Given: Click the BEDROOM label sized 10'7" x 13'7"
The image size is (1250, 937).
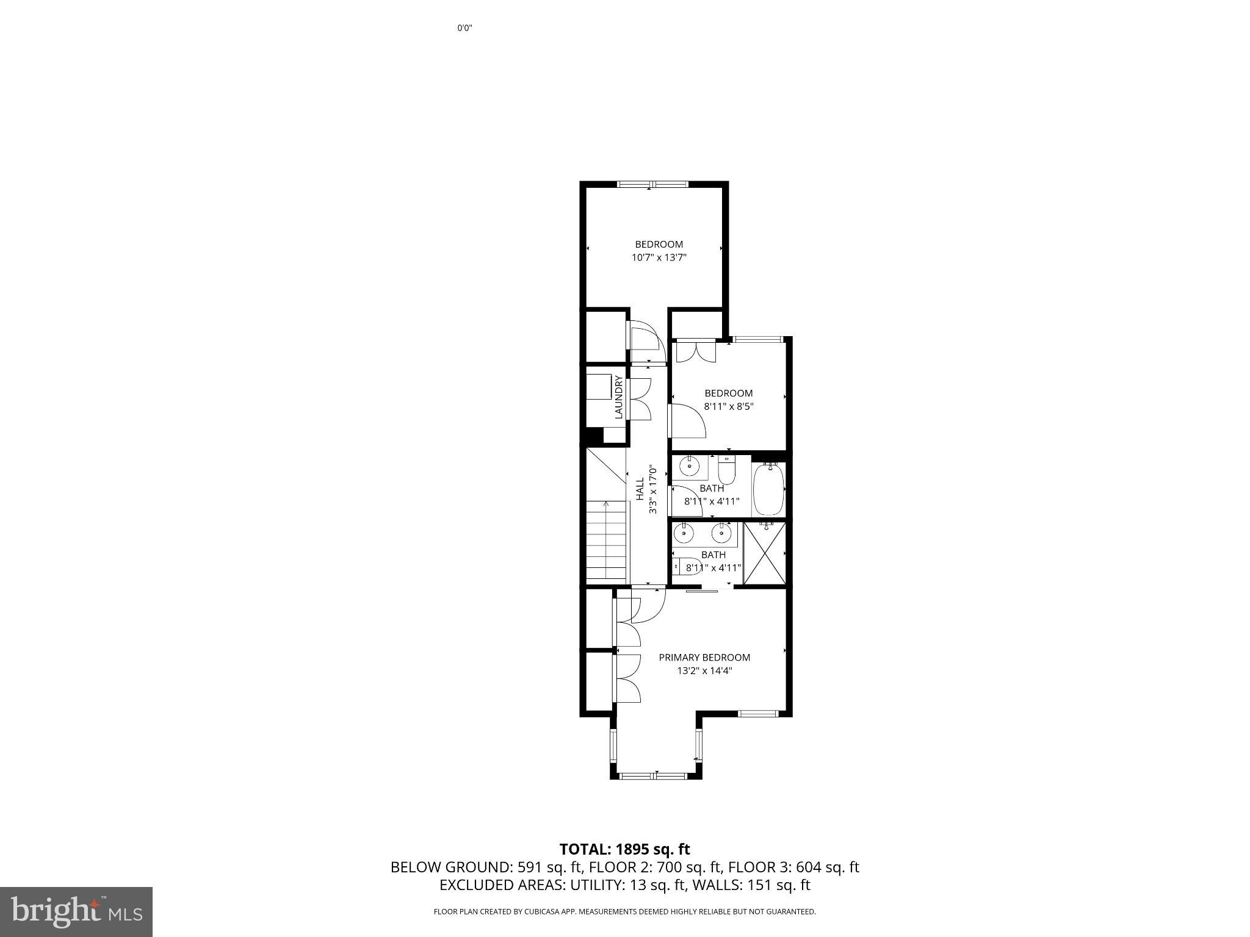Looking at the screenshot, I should pyautogui.click(x=659, y=244).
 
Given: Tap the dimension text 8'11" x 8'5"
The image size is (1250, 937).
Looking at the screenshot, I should pyautogui.click(x=729, y=406).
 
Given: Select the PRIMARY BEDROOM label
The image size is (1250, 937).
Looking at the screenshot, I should pyautogui.click(x=704, y=657).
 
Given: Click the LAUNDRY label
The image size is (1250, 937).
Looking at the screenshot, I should pyautogui.click(x=619, y=397).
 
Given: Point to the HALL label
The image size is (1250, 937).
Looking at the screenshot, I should pyautogui.click(x=640, y=489).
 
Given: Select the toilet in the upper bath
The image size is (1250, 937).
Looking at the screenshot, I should pyautogui.click(x=726, y=472).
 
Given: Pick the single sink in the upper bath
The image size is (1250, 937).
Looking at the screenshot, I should pyautogui.click(x=690, y=467).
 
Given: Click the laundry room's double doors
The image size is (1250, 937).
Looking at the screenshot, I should pyautogui.click(x=638, y=399).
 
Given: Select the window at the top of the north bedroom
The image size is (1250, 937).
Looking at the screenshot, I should pyautogui.click(x=652, y=184).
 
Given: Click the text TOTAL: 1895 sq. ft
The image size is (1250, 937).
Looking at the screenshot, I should pyautogui.click(x=624, y=849).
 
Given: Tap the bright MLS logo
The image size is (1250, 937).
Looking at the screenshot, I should pyautogui.click(x=76, y=912).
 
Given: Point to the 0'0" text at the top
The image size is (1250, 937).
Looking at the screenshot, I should pyautogui.click(x=465, y=28).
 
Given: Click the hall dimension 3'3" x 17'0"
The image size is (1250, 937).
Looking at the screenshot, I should pyautogui.click(x=653, y=489).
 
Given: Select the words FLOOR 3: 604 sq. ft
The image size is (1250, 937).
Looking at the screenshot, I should pyautogui.click(x=793, y=867).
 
